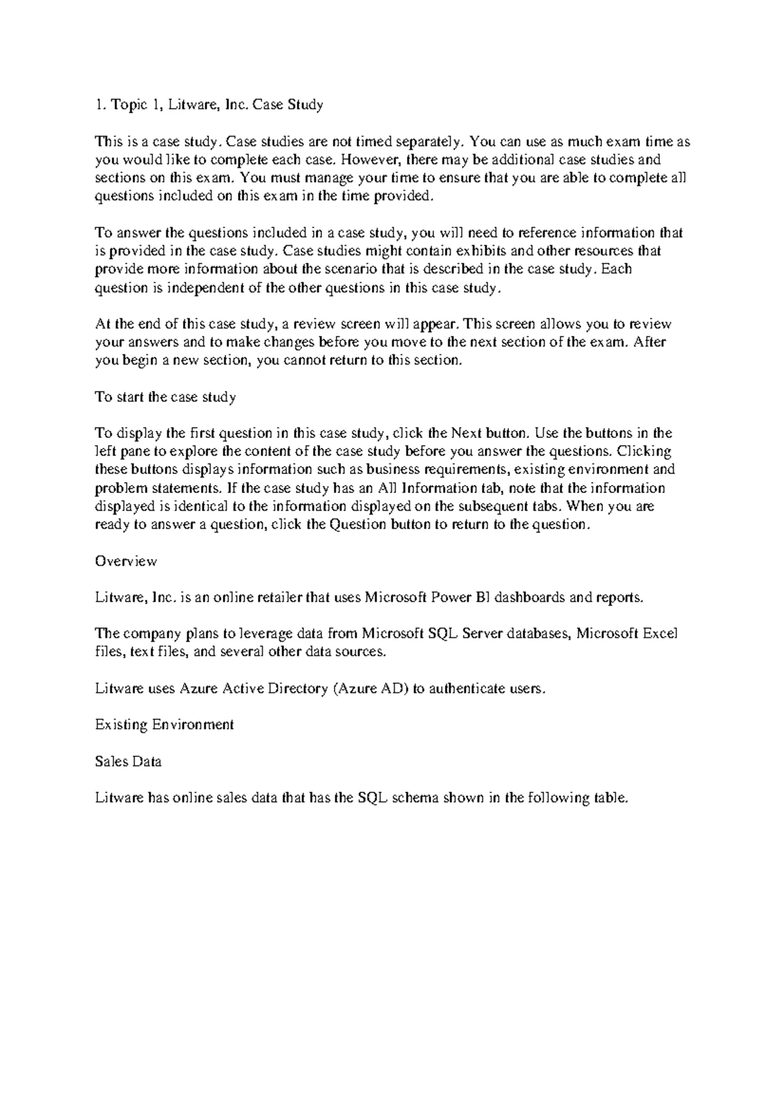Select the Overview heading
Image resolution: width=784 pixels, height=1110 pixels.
tap(126, 561)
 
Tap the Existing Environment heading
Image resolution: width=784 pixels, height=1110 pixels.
tap(164, 724)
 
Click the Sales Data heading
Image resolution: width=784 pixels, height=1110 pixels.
tap(128, 762)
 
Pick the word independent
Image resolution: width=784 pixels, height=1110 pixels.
tap(182, 288)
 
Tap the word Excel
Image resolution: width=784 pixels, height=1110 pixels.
tap(661, 633)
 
